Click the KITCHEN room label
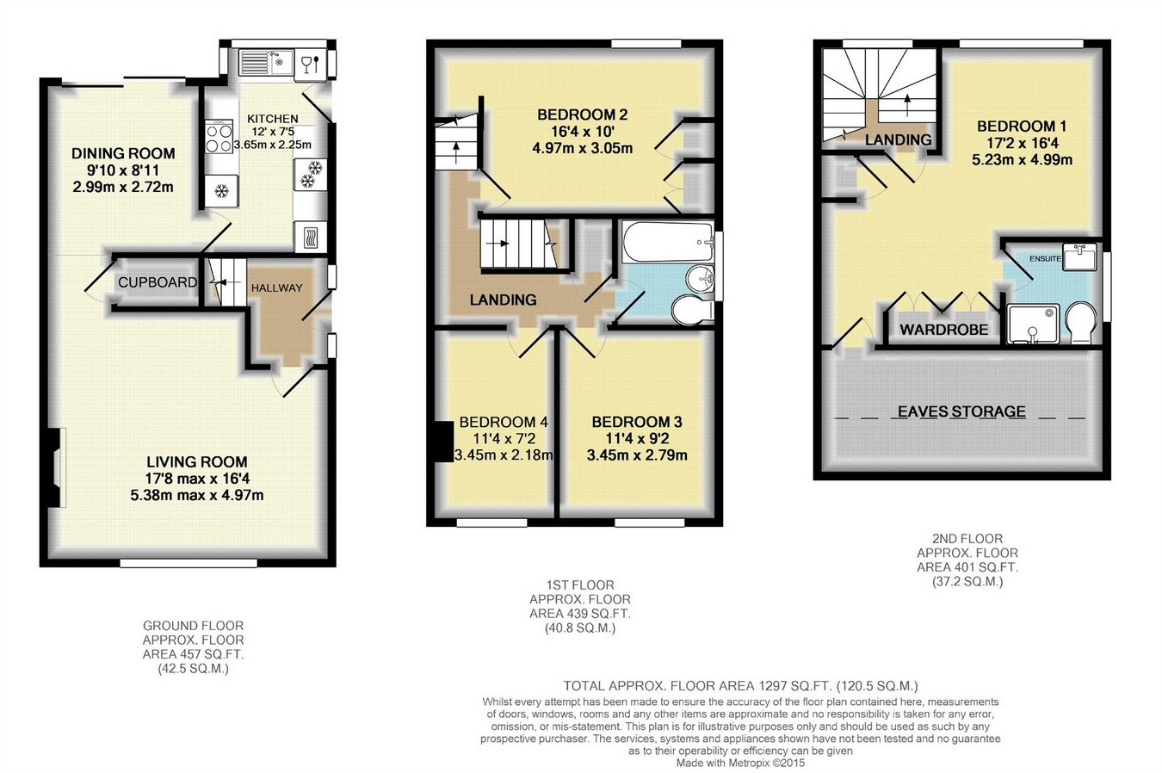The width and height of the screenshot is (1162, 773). pos(273,119)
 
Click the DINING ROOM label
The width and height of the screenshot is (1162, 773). pos(123,153)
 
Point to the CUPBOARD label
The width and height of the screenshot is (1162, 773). pos(157,282)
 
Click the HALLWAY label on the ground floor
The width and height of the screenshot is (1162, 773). pos(276,288)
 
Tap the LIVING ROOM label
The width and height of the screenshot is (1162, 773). pos(196,461)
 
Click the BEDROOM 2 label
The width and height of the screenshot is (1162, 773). pos(582,114)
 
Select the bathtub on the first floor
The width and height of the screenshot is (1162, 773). pos(667,242)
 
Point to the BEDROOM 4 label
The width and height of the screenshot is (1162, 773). pos(504,422)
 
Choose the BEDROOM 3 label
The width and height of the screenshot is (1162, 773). pos(637,422)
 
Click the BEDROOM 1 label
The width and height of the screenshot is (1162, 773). pos(1022,126)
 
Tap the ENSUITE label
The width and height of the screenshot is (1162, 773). pos(1046,258)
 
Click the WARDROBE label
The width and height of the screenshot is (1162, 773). pos(944,330)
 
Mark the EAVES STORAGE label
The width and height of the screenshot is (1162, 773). pos(961,411)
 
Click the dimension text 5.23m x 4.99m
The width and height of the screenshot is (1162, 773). pos(1023,160)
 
